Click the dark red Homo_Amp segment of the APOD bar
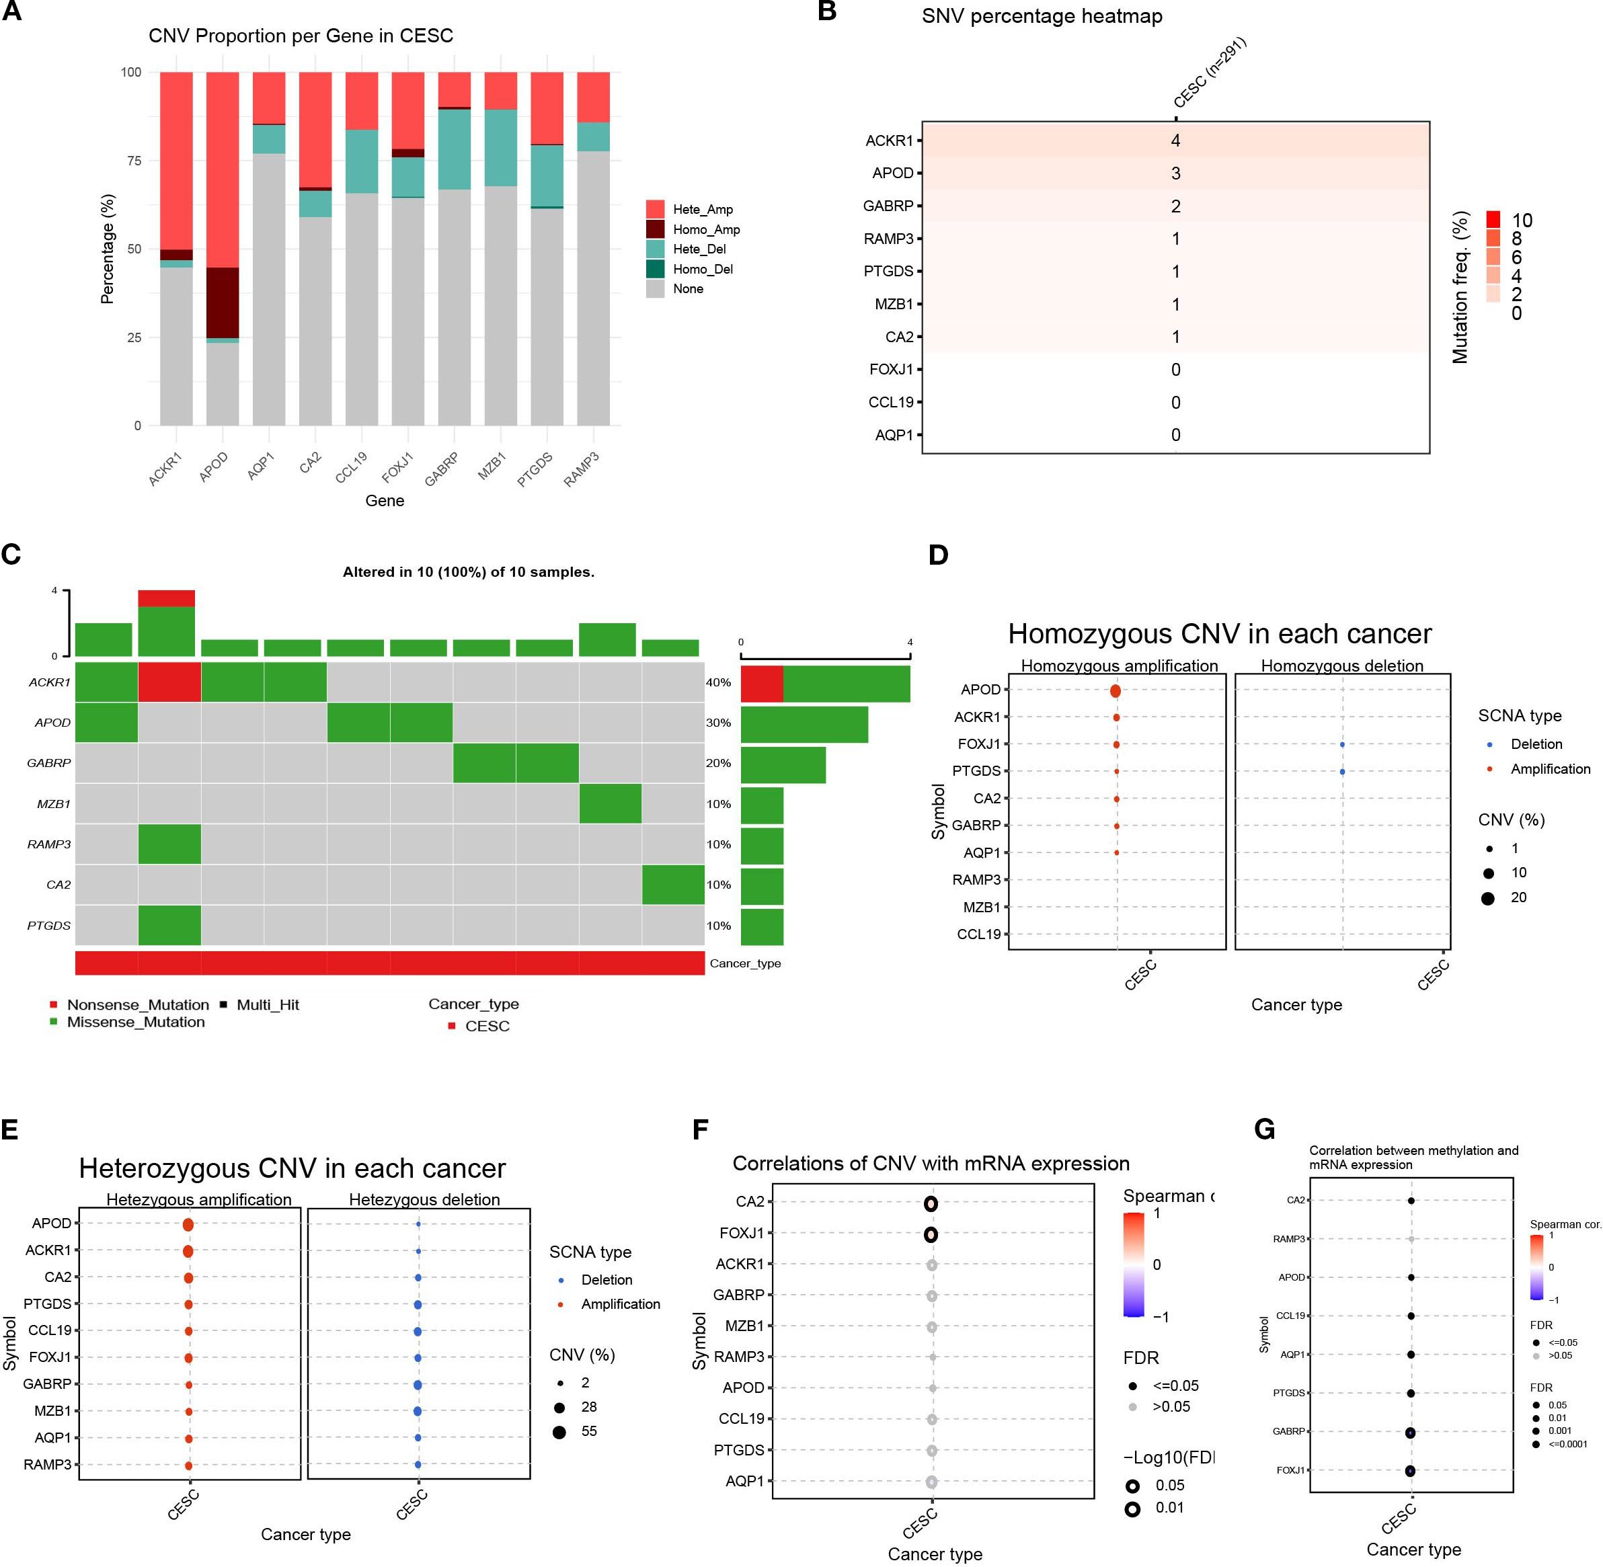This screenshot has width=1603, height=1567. [223, 303]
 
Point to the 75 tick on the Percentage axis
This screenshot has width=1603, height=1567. [133, 161]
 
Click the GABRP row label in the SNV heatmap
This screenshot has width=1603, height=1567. [888, 206]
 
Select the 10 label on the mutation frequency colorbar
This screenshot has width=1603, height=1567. [1522, 220]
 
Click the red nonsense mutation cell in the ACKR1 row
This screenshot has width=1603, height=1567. [169, 682]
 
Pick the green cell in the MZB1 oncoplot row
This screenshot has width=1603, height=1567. [610, 803]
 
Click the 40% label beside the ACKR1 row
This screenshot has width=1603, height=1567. [718, 682]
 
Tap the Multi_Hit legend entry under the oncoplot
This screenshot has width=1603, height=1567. [267, 1005]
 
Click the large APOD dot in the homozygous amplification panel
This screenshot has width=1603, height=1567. [1115, 690]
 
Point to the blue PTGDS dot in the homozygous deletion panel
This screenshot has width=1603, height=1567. [1342, 772]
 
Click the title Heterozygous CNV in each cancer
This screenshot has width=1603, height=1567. [292, 1168]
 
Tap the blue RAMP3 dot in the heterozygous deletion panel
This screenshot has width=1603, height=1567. [418, 1465]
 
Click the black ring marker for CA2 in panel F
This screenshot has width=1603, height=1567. [931, 1204]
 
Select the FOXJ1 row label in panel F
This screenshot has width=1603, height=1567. [741, 1233]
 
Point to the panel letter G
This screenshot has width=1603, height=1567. [1264, 1130]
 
